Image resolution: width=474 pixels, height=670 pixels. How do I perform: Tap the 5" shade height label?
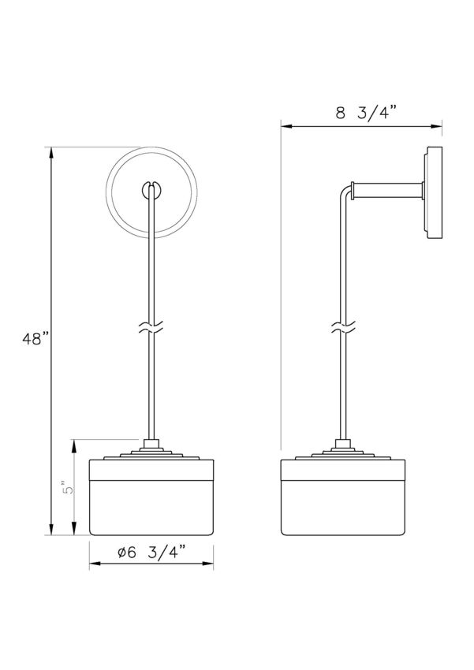pos(69,488)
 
